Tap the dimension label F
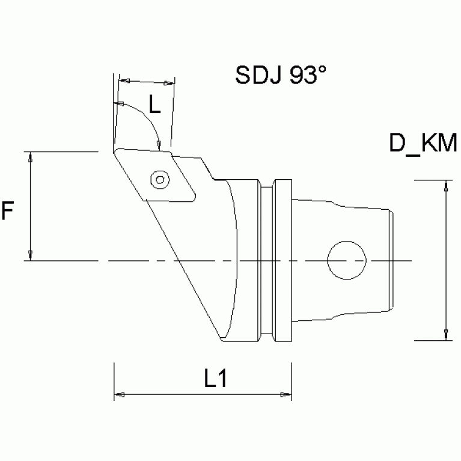pos(8,211)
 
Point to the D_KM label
pos(424,144)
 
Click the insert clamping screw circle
pos(159,179)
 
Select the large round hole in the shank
pos(347,260)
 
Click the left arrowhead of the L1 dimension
pos(119,395)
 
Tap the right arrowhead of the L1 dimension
pos(286,395)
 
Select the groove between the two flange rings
pos(268,260)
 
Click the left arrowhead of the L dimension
pos(124,80)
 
